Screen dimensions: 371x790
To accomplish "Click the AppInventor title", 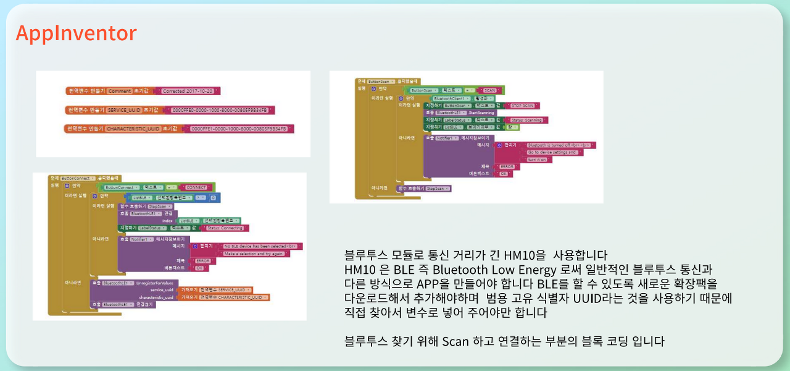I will tap(76, 33).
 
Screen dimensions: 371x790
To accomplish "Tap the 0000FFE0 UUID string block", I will tap(220, 110).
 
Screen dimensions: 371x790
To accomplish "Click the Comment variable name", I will tap(119, 91).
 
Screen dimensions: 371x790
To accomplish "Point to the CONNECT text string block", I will tap(196, 187).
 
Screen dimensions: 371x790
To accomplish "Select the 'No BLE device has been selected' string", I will tap(259, 246).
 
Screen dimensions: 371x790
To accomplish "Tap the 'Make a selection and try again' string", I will tap(254, 254).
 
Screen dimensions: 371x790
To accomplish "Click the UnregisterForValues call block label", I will tap(157, 283).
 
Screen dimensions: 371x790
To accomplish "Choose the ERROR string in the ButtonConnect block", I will tap(202, 261).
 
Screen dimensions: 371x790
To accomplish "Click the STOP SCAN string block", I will tap(522, 106).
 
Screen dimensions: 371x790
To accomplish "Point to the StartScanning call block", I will tap(481, 113).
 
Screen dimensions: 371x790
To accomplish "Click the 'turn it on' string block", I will tap(538, 159).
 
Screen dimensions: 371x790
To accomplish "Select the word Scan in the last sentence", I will tap(455, 341).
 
